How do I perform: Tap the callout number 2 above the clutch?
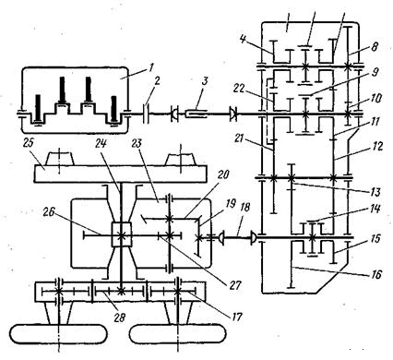157,81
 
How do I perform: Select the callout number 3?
205,81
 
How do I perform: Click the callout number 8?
375,48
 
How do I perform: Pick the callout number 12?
377,147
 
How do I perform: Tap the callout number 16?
375,273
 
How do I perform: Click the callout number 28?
120,318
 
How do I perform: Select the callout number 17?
236,316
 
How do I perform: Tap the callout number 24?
101,144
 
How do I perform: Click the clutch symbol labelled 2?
147,114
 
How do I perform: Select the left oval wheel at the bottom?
58,334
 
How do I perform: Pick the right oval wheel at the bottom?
178,334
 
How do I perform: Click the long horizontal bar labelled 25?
120,174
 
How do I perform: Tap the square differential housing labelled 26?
121,234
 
